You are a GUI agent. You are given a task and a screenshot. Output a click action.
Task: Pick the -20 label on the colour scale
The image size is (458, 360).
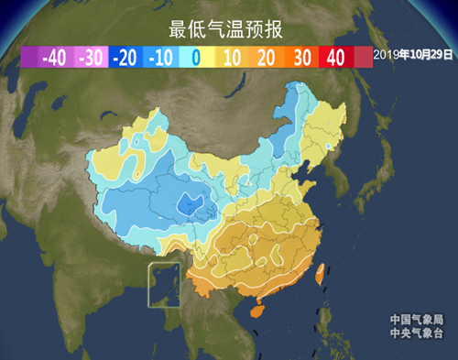(125, 57)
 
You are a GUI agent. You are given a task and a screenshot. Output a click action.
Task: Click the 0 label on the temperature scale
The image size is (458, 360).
(195, 57)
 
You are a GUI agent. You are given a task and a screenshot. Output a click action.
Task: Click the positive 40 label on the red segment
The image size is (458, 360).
(335, 57)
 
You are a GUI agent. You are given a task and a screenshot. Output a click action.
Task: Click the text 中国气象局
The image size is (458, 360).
(416, 320)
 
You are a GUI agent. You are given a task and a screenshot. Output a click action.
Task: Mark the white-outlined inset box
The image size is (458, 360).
(166, 284)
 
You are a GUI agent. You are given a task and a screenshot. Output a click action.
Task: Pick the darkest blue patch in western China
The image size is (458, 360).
(192, 203)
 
